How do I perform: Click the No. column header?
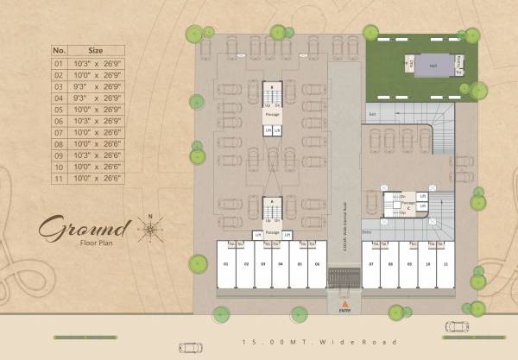(x=59, y=50)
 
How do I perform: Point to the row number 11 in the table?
(x=59, y=177)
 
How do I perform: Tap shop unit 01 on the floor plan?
(x=225, y=263)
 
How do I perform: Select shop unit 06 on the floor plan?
(x=317, y=263)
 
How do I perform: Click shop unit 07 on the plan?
(x=370, y=263)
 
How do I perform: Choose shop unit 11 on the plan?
(x=445, y=263)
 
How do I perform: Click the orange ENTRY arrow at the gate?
(x=344, y=304)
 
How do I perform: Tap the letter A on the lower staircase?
(x=272, y=200)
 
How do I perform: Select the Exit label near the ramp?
(x=373, y=114)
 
